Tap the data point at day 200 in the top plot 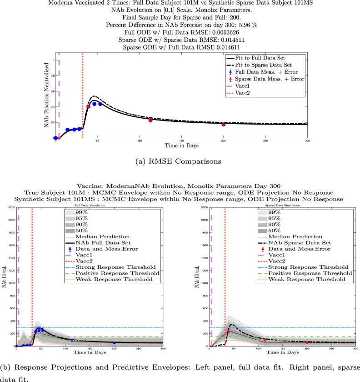point(224,124)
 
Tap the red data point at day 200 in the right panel point(307,343)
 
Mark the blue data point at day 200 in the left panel point(114,343)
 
